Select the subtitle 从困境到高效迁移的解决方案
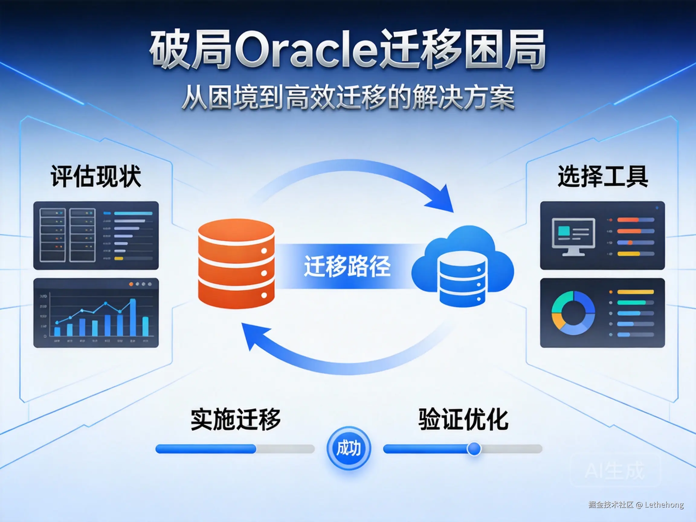click(348, 98)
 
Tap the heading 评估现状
click(96, 176)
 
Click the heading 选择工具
click(603, 176)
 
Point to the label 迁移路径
click(347, 266)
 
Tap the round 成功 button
click(349, 448)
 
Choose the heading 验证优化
click(463, 419)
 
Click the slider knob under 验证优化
click(474, 449)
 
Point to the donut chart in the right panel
click(573, 313)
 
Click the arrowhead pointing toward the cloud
click(442, 200)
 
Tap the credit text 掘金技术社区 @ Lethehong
click(636, 505)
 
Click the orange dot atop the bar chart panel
click(131, 284)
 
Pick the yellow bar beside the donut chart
click(635, 292)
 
